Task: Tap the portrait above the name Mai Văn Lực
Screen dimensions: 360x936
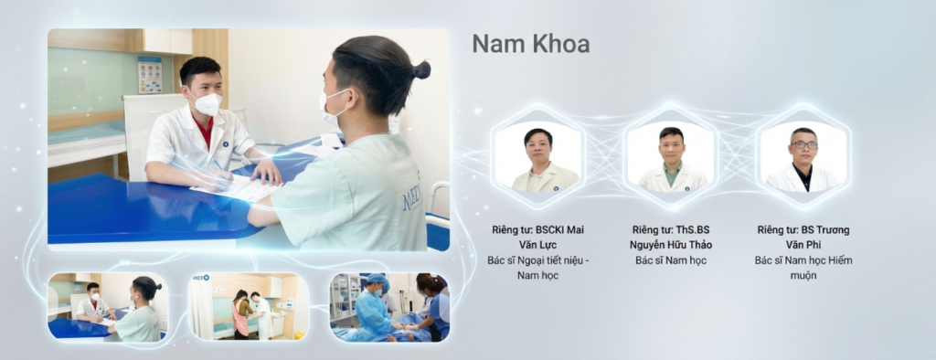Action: [537, 158]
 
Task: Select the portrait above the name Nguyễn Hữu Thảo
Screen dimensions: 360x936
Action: [671, 158]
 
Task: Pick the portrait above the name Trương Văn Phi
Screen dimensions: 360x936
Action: [803, 158]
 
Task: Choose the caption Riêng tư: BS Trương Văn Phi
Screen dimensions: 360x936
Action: [803, 238]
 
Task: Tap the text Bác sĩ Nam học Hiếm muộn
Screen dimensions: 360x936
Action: [803, 268]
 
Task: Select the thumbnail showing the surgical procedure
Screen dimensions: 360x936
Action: [389, 306]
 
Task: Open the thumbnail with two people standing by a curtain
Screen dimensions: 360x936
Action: [249, 306]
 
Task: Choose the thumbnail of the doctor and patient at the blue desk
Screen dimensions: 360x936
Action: [108, 306]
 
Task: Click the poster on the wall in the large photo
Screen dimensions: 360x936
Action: [149, 75]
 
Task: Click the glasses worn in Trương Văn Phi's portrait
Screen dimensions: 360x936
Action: [803, 145]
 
